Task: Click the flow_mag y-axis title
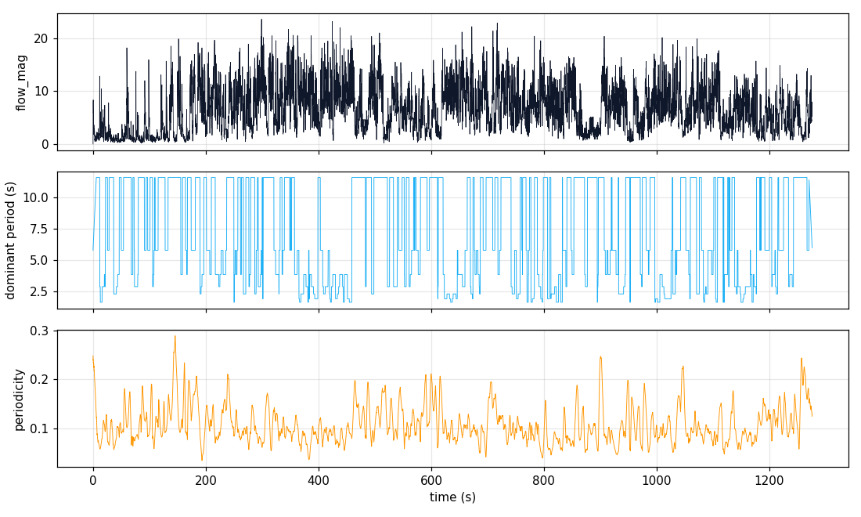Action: pos(21,82)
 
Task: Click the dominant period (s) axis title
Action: pos(11,240)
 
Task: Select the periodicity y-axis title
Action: pos(20,399)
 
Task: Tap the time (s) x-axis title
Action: pos(452,497)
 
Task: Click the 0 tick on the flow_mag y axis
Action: pos(44,144)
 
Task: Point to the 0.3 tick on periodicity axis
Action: pos(39,331)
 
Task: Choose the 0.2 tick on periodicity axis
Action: pos(39,380)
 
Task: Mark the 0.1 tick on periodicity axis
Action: pos(39,428)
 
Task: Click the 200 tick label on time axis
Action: pos(206,479)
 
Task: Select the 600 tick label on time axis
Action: pos(431,479)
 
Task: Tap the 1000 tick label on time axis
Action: pos(656,479)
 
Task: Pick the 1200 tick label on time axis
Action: pos(769,479)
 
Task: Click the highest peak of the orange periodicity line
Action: pos(175,336)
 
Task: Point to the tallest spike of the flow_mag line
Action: pos(261,20)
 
